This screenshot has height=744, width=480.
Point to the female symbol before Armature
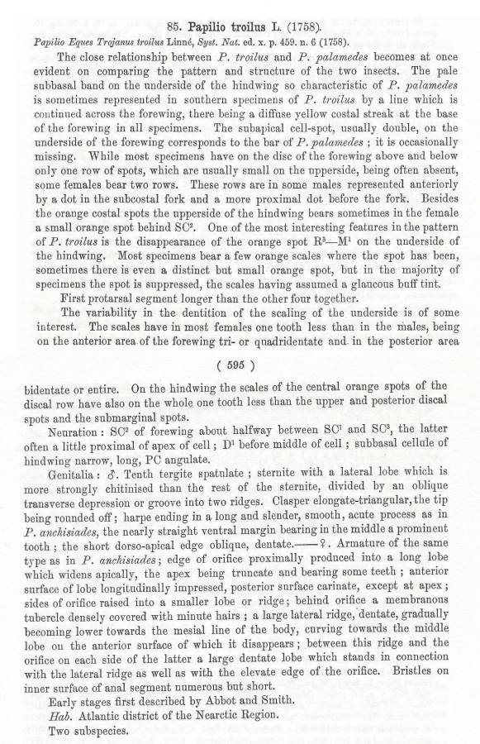click(330, 546)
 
